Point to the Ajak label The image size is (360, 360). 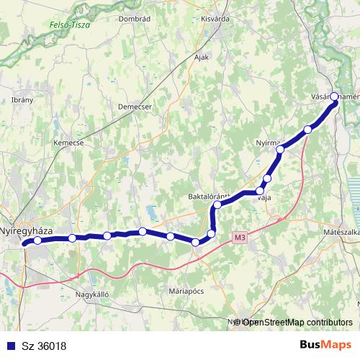(x=201, y=55)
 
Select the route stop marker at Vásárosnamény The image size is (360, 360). (x=334, y=105)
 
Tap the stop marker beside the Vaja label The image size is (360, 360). (x=259, y=192)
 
